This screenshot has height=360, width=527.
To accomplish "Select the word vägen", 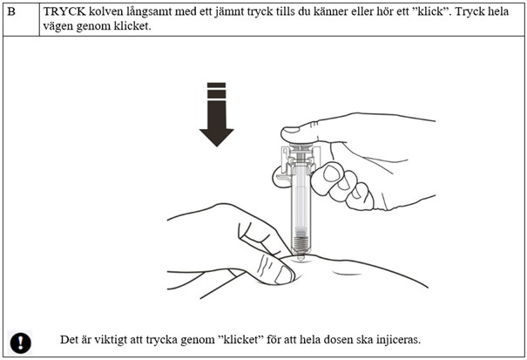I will tap(59, 26).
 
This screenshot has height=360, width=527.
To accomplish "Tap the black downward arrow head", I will tap(216, 133).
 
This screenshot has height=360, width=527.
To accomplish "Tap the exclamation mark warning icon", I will tap(21, 341).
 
